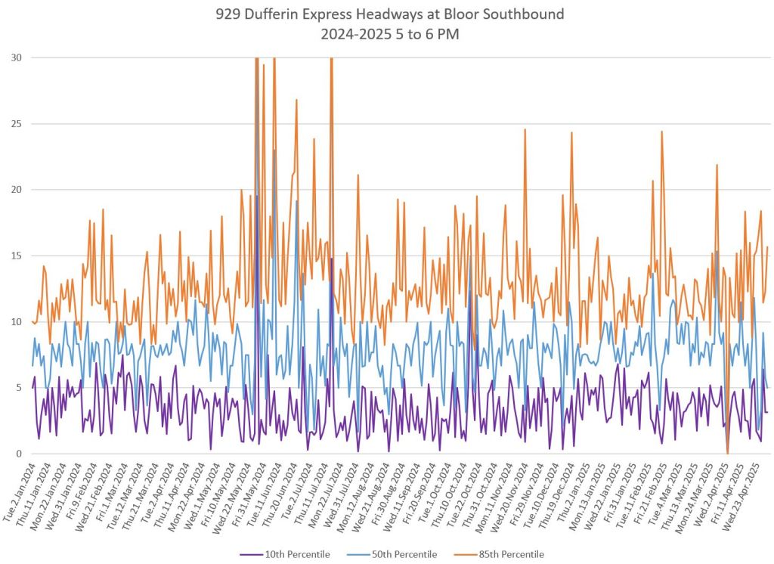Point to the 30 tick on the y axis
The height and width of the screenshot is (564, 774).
16,57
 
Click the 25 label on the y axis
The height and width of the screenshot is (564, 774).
16,123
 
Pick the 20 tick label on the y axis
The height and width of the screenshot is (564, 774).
16,190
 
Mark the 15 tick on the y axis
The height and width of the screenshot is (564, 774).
16,256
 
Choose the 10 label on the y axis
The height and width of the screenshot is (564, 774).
16,322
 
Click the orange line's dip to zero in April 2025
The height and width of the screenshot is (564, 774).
728,453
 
